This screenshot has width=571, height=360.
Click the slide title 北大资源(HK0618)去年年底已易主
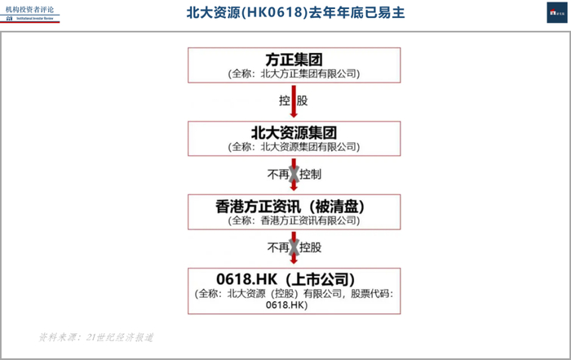tap(294, 13)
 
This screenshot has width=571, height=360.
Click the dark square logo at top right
tap(558, 11)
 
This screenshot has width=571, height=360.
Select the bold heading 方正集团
tap(294, 60)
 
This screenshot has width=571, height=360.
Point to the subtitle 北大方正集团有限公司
tap(294, 73)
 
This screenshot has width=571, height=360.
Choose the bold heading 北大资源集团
tap(294, 133)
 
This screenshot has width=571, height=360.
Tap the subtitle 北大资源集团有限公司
tap(294, 147)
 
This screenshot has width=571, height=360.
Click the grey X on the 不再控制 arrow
tap(294, 175)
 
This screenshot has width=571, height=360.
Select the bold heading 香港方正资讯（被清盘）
tap(294, 207)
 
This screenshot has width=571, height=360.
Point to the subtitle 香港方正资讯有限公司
tap(294, 220)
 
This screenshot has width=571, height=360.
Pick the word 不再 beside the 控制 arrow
tap(276, 175)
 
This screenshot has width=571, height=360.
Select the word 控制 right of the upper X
tap(312, 175)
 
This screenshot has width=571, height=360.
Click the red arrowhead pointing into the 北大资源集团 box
tap(294, 117)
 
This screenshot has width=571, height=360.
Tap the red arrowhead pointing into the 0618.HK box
tap(294, 262)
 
